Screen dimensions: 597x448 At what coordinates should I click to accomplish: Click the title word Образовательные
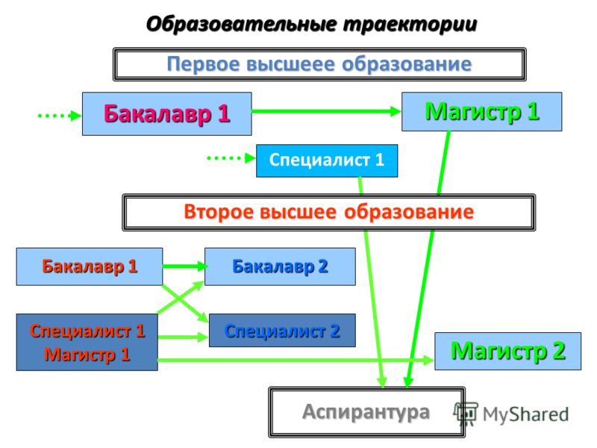coord(242,25)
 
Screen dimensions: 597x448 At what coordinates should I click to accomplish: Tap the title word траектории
coord(410,25)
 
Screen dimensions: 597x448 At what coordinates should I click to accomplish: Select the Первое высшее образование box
coord(319,64)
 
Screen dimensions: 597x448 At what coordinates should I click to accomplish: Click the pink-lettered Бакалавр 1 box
coord(166,113)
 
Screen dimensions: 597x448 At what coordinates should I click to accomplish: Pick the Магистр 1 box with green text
coord(481,111)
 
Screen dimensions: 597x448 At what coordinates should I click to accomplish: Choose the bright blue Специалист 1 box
coord(327,161)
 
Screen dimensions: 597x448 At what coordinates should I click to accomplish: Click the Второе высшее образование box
coord(328,212)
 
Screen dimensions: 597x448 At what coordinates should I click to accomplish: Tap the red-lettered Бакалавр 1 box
coord(90,267)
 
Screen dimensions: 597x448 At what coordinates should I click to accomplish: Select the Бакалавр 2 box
coord(280,267)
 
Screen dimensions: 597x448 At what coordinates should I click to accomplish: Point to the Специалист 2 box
coord(282,330)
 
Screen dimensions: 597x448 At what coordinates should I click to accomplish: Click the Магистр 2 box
coord(508,351)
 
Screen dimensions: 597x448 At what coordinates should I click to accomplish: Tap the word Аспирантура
coord(366,412)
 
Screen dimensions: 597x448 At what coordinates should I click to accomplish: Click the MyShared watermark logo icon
coord(466,414)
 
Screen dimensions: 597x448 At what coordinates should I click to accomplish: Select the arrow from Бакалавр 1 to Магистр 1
coord(326,111)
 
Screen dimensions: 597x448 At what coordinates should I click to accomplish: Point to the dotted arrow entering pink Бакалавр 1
coord(60,116)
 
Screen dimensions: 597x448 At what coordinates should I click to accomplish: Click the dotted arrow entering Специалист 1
coord(231,158)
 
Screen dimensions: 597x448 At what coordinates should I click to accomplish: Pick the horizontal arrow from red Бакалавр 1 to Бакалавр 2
coord(184,266)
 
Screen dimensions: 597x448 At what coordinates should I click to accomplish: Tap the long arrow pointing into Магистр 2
coord(296,360)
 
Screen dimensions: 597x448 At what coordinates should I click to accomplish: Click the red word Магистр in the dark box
coord(81,355)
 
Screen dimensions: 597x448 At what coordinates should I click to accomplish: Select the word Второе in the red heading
coord(218,212)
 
